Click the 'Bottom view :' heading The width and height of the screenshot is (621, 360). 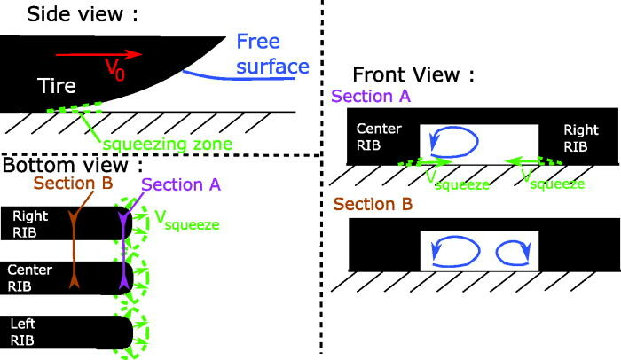pyautogui.click(x=73, y=166)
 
